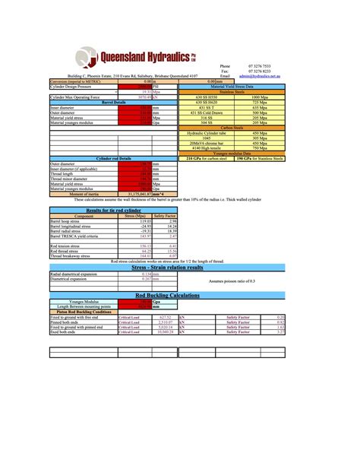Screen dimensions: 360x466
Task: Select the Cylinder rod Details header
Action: [104, 159]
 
